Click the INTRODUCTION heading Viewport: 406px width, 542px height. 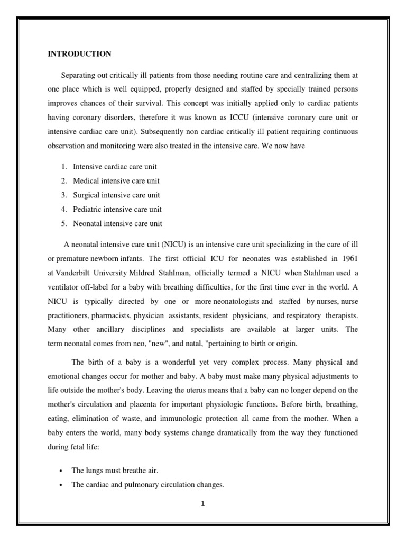click(79, 54)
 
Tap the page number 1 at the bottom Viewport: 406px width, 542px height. click(202, 503)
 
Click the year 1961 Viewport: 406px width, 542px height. click(348, 258)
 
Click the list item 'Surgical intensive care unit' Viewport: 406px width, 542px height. click(116, 195)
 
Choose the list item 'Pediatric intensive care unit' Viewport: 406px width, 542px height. click(117, 209)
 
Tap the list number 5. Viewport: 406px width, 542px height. click(63, 223)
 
